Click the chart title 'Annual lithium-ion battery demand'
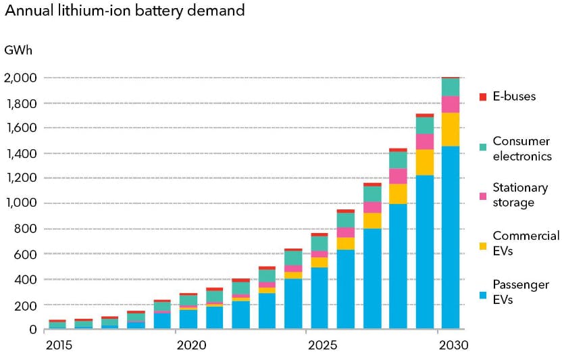click(x=125, y=11)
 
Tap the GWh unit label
click(x=18, y=51)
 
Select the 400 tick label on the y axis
click(x=28, y=279)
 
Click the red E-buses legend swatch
click(x=482, y=97)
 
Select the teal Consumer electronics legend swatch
click(x=482, y=147)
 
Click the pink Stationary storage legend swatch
click(x=482, y=196)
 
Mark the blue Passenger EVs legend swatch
click(x=482, y=294)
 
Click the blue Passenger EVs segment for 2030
click(x=451, y=236)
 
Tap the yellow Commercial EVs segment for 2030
click(x=451, y=129)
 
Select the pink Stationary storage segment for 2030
click(x=451, y=104)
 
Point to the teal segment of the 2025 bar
click(x=320, y=243)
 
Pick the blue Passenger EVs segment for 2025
click(x=320, y=298)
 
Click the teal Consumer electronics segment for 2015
click(x=57, y=325)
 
